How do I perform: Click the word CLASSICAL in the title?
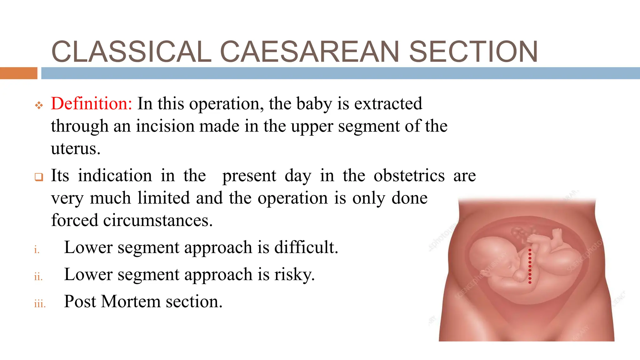pyautogui.click(x=131, y=52)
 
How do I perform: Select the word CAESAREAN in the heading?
pyautogui.click(x=309, y=52)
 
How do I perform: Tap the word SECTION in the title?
pyautogui.click(x=473, y=52)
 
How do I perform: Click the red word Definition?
pyautogui.click(x=92, y=104)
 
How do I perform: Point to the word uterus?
pyautogui.click(x=76, y=149)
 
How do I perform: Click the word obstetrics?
pyautogui.click(x=409, y=176)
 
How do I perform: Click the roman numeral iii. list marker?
pyautogui.click(x=40, y=304)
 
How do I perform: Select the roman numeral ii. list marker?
pyautogui.click(x=38, y=277)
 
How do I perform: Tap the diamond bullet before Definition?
pyautogui.click(x=39, y=105)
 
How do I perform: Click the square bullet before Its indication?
pyautogui.click(x=39, y=177)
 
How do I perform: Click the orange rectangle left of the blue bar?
pyautogui.click(x=18, y=73)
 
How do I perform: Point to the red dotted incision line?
pyautogui.click(x=530, y=266)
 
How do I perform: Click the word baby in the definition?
pyautogui.click(x=314, y=104)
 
